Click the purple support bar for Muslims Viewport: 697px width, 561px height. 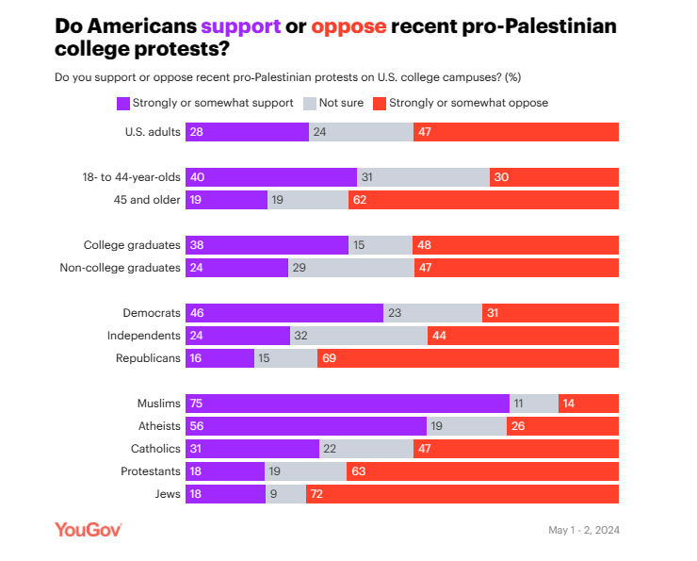[347, 404]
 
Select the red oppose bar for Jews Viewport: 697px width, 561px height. [462, 494]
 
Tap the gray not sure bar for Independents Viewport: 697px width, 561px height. [358, 336]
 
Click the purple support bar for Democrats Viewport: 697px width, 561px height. [284, 313]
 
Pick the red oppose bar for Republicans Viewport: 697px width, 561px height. [467, 358]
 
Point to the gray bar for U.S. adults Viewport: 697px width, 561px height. [361, 132]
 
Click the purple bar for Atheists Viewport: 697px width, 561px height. [306, 426]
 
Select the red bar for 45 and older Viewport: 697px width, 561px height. [483, 200]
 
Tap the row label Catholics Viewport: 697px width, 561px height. [155, 449]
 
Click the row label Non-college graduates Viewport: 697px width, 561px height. [120, 268]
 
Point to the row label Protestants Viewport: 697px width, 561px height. [151, 471]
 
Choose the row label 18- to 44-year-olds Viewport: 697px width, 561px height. [131, 177]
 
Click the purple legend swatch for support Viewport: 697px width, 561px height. [122, 103]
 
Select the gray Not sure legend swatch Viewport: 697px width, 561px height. [309, 103]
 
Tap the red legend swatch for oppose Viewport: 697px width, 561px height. [380, 103]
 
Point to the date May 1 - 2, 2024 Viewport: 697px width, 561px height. [583, 530]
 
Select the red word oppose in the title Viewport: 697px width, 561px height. [348, 25]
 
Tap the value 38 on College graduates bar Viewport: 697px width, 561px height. [198, 245]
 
